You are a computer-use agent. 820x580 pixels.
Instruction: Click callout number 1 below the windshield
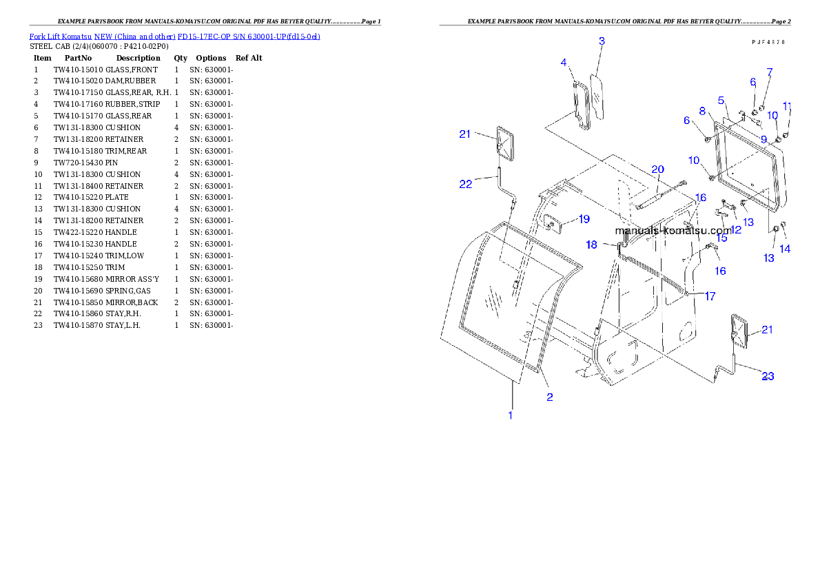coord(510,415)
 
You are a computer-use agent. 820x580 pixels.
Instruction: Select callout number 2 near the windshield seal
coord(549,397)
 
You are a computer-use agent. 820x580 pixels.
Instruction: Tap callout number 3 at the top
coord(602,41)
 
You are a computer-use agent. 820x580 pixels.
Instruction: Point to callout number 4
coord(563,63)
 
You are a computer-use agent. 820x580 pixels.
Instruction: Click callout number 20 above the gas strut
coord(657,169)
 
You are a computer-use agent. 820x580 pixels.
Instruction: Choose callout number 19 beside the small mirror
coord(584,219)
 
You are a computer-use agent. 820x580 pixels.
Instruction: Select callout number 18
coord(591,245)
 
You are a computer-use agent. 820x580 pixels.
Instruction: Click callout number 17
coord(709,296)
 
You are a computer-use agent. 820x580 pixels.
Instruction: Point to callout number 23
coord(767,376)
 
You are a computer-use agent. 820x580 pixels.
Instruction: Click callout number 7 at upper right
coord(769,72)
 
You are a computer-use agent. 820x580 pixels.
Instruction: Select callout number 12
coord(736,229)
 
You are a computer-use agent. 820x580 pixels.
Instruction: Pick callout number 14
coord(784,249)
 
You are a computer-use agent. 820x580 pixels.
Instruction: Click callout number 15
coord(721,238)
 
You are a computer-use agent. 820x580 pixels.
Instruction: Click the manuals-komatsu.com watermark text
coord(673,231)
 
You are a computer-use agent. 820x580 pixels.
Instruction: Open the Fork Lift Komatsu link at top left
coord(174,37)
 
